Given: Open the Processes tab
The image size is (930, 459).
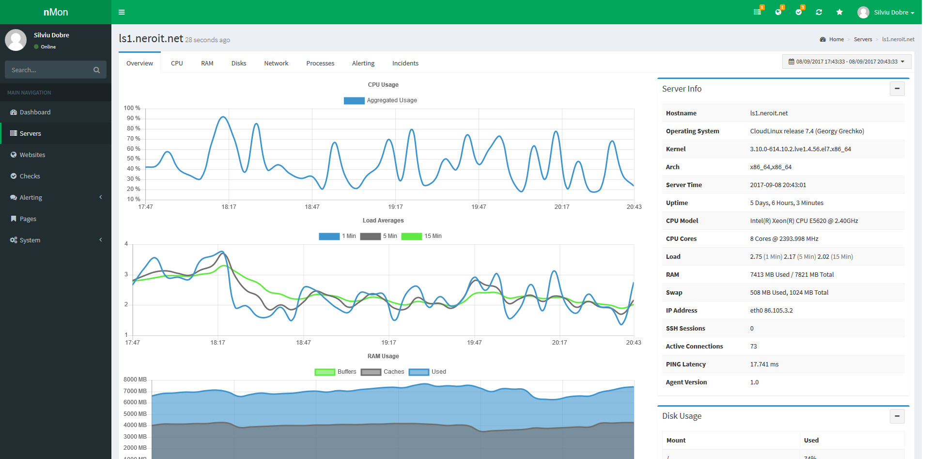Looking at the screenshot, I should [320, 63].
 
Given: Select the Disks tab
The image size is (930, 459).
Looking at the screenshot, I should [239, 63].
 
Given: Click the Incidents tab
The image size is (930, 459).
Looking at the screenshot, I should [405, 63].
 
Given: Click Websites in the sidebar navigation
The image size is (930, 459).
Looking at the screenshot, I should [32, 155].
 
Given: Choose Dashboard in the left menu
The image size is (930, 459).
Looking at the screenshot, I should [35, 112].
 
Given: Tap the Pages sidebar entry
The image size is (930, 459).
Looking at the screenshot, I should [28, 219].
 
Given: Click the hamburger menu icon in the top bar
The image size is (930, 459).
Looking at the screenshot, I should [122, 12].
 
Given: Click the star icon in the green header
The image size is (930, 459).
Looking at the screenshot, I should [839, 12].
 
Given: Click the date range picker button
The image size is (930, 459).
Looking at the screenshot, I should [846, 62].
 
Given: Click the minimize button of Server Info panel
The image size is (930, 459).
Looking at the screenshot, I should [897, 89].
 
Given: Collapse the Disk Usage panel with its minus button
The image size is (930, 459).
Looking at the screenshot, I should [897, 416].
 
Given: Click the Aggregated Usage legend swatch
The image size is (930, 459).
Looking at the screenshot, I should [354, 101].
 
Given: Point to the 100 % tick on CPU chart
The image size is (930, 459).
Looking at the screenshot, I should [132, 108].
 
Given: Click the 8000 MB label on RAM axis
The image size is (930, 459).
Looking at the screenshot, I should [135, 380].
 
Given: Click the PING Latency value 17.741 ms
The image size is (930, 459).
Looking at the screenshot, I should [764, 364].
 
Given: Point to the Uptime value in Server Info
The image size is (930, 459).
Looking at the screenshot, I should [786, 203].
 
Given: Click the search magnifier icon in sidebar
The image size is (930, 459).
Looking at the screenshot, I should [96, 70].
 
